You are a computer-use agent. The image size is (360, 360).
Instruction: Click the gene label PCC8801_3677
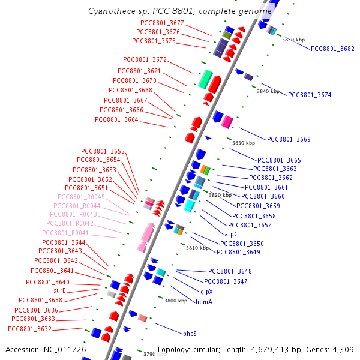[x=161, y=23]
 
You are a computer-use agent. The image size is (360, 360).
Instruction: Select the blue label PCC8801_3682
[x=332, y=49]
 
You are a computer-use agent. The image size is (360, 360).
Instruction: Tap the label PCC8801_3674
[x=310, y=95]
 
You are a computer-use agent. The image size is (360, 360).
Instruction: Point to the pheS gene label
[x=190, y=333]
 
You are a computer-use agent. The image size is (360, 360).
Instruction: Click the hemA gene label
[x=204, y=302]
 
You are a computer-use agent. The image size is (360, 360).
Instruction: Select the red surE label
[x=59, y=290]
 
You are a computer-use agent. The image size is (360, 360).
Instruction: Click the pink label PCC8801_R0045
[x=82, y=197]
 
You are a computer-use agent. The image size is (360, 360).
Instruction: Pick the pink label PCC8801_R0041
[x=65, y=233]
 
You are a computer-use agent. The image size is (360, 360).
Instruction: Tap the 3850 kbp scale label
[x=293, y=40]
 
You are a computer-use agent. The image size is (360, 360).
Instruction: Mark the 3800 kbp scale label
[x=176, y=301]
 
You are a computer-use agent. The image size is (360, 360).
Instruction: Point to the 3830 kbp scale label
[x=244, y=143]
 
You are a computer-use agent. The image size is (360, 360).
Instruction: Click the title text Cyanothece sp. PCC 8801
[x=144, y=10]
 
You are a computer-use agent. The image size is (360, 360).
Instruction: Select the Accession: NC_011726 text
[x=46, y=349]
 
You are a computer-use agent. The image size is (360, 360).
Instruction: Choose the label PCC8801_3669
[x=289, y=139]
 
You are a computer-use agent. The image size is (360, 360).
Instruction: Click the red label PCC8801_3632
[x=29, y=329]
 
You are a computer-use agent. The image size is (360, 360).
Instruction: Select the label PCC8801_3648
[x=230, y=271]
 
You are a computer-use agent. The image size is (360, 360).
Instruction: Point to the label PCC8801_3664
[x=116, y=119]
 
